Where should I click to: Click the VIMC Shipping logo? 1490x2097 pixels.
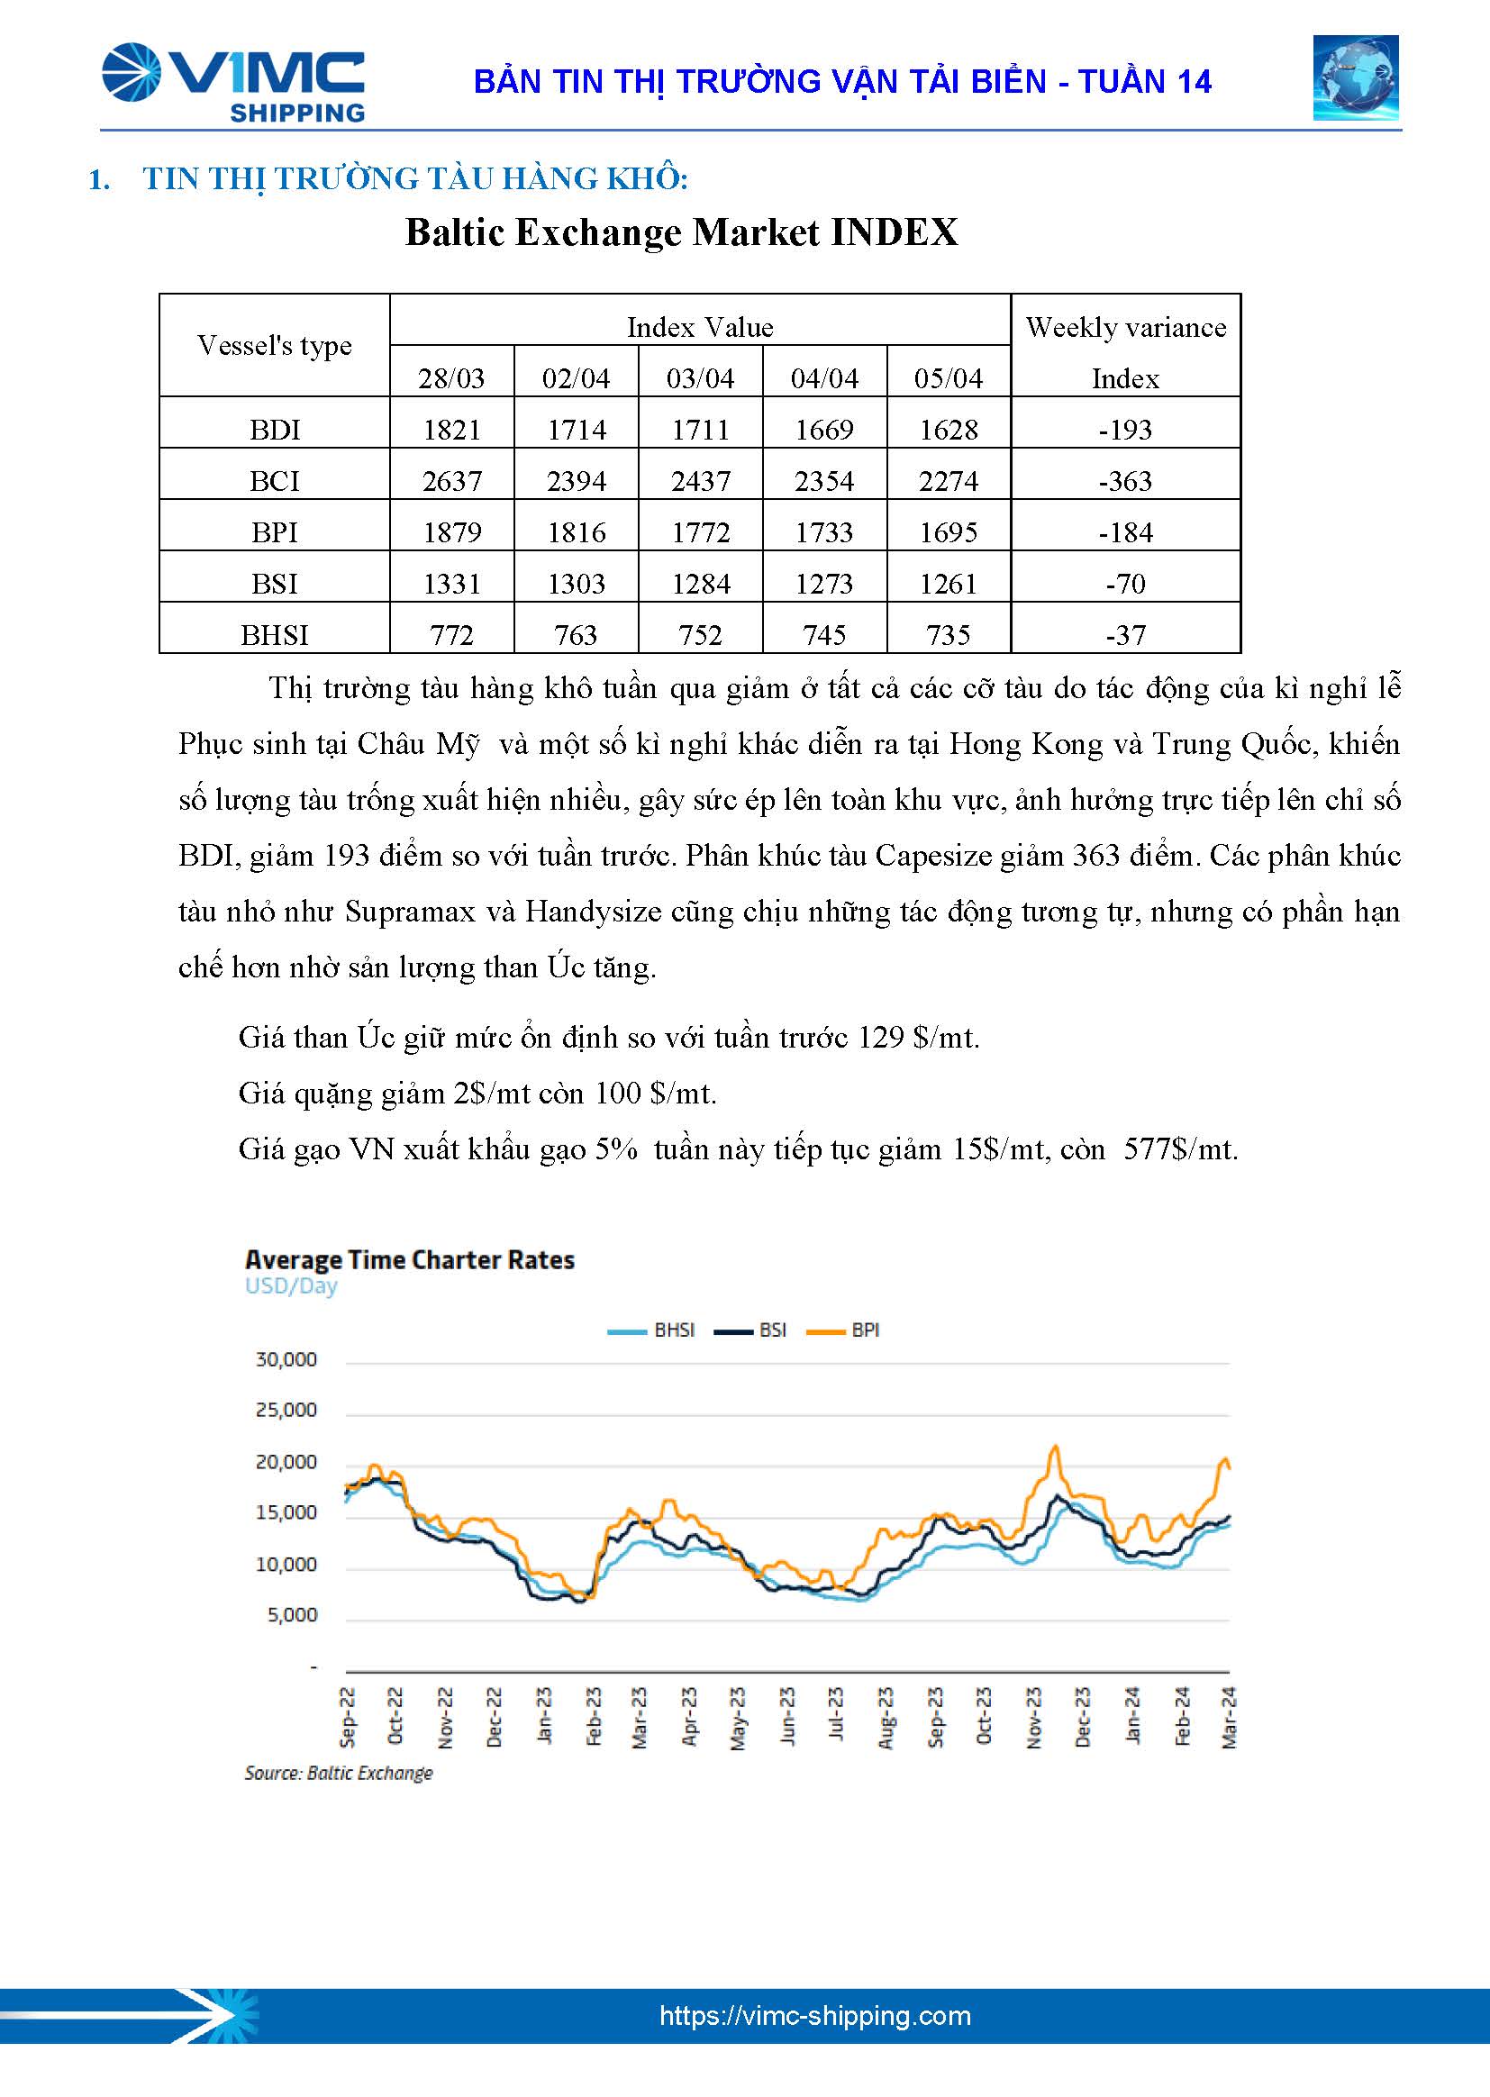pos(233,82)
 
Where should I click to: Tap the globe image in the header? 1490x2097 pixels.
pos(1354,78)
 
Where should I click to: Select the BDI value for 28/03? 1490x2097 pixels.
pos(451,430)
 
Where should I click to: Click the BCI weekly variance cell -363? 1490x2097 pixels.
pos(1125,481)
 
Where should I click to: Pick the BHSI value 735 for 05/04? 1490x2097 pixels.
pos(948,635)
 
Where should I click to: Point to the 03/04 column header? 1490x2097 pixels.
pos(700,378)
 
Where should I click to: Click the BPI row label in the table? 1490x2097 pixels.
pos(275,532)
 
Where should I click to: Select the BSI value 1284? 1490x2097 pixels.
pos(700,584)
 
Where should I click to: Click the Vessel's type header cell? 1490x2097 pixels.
pos(275,345)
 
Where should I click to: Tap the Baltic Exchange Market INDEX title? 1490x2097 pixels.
pos(681,232)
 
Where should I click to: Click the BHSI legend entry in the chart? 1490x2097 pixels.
pos(651,1330)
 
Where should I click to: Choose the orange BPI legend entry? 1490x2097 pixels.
pos(843,1330)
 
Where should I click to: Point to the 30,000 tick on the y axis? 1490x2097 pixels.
pos(286,1359)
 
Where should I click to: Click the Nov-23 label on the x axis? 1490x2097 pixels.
pos(1034,1716)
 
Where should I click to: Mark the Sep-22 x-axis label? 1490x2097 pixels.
pos(348,1716)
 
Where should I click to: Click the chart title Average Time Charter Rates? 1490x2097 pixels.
pos(409,1259)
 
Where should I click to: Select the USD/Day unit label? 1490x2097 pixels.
pos(291,1286)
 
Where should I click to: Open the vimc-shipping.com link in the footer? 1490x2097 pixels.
pos(814,2016)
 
